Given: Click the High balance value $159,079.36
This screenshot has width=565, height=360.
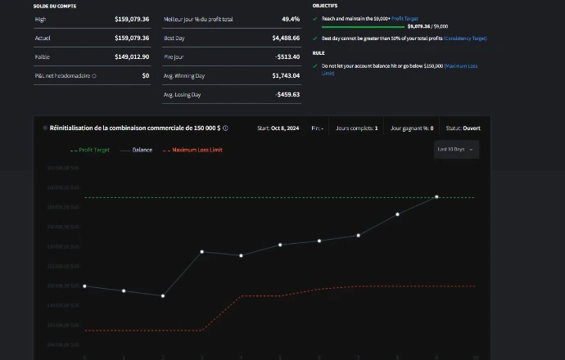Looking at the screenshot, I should point(132,18).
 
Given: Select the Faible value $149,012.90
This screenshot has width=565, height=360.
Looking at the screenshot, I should point(132,56).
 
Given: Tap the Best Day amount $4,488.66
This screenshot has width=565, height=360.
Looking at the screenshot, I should point(286,38).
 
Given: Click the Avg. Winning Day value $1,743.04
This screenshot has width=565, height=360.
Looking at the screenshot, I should point(286,75).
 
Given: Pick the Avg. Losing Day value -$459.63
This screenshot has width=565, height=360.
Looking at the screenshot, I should point(287,94).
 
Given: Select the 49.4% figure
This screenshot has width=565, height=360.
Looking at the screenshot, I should point(291,18).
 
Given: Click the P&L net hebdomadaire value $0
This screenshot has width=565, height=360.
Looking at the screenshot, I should point(145,75).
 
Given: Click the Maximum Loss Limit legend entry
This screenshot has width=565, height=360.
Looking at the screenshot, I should point(197,150).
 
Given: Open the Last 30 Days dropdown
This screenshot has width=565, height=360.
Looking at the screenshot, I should point(457,150).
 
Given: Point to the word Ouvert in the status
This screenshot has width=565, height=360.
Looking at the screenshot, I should point(471,128).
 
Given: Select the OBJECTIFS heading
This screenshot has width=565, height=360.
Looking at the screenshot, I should point(325,6).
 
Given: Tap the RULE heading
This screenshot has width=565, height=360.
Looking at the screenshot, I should point(319,53).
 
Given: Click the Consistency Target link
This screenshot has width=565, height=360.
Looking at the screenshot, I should point(465,38).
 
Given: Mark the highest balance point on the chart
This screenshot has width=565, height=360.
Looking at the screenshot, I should point(436,197).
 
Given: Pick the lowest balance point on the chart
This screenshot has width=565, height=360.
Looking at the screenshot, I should point(163,295).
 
